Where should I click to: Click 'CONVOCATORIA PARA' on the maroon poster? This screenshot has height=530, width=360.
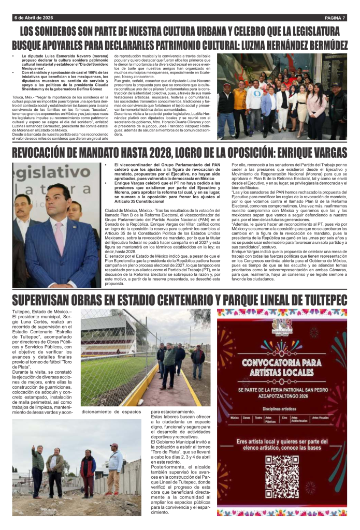[x=281, y=361]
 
